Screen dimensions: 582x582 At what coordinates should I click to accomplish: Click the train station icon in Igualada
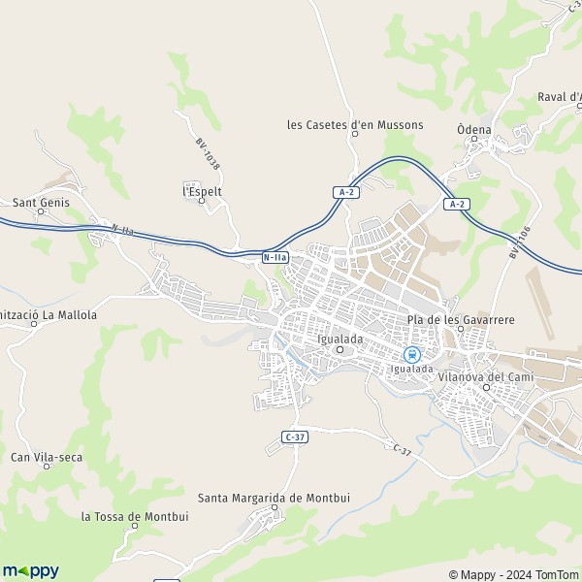pos(411,355)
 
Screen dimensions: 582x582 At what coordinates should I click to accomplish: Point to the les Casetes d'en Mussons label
pos(355,124)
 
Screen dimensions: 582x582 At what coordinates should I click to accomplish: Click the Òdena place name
pos(473,129)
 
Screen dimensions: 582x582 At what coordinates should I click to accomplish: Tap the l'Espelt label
pos(203,191)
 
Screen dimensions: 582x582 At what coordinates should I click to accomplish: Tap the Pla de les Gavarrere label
pos(460,319)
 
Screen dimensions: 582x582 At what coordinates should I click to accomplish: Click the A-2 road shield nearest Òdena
pos(457,204)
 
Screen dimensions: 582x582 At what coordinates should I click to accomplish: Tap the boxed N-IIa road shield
pos(275,257)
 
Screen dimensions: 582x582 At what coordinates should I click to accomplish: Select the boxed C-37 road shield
pos(295,437)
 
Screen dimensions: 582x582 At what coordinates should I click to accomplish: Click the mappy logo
pos(30,571)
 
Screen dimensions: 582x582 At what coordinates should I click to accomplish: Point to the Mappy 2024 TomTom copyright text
pos(513,573)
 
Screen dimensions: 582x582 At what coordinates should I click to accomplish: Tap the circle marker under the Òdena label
pos(474,141)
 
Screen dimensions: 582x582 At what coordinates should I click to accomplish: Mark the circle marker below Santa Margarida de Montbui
pos(275,507)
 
